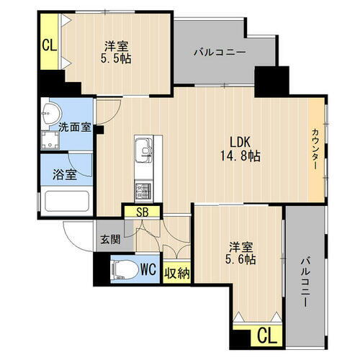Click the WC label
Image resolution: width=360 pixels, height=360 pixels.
pyautogui.click(x=148, y=270)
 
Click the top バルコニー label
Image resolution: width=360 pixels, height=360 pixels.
pyautogui.click(x=220, y=52)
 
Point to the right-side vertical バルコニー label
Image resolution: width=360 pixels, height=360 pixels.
pyautogui.click(x=305, y=281)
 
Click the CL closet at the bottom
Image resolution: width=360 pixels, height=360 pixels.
pyautogui.click(x=266, y=335)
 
